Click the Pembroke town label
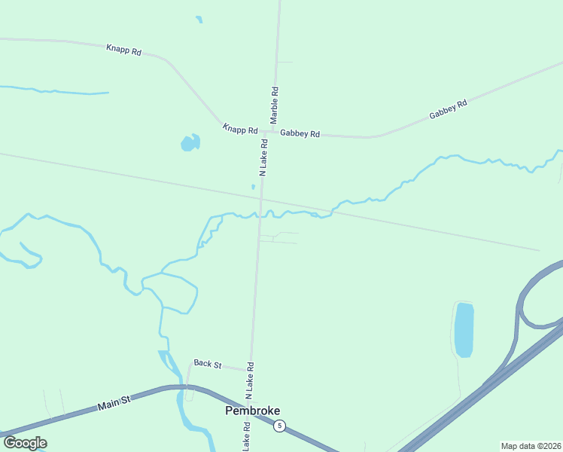253,411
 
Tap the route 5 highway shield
279,426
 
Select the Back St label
207,364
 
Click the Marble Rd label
275,105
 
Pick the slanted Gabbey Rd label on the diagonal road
449,109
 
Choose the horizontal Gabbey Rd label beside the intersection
300,133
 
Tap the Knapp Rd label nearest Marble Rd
240,130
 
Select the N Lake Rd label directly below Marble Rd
263,157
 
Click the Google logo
25,443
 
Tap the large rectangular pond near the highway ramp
464,329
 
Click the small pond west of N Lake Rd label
190,142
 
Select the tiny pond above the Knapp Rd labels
199,20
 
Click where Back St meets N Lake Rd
250,370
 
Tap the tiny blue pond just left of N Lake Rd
253,187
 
